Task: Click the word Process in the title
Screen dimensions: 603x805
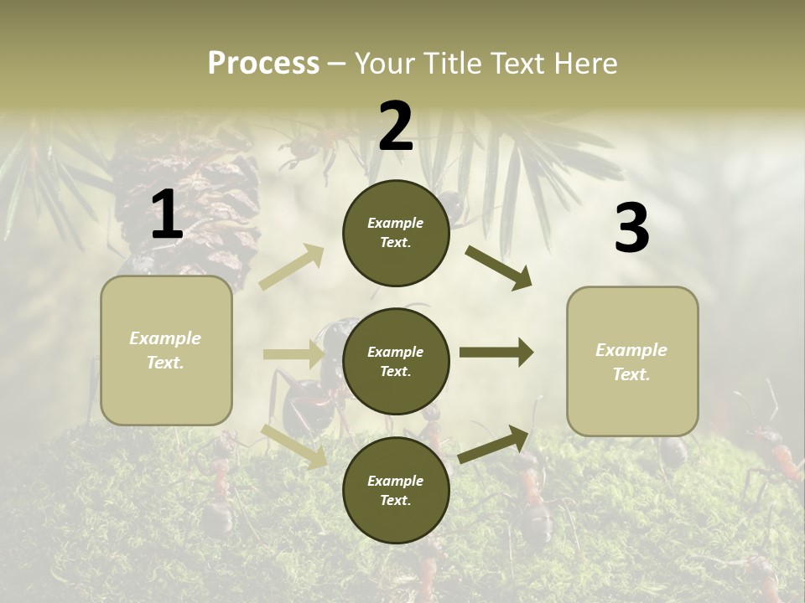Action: [263, 63]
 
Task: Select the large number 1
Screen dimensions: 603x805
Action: [167, 215]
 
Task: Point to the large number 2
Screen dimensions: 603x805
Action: [396, 126]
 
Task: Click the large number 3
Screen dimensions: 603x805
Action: [631, 229]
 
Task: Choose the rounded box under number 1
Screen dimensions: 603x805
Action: [166, 350]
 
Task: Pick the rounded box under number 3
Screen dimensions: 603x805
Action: [632, 362]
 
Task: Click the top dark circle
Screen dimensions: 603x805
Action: [396, 233]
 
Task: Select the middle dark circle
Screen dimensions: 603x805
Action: [396, 361]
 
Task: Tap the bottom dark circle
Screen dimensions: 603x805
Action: [396, 490]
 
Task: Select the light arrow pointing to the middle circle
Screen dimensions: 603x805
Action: [293, 354]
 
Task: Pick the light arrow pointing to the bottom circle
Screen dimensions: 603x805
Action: [294, 446]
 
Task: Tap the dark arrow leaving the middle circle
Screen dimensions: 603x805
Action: [496, 353]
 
